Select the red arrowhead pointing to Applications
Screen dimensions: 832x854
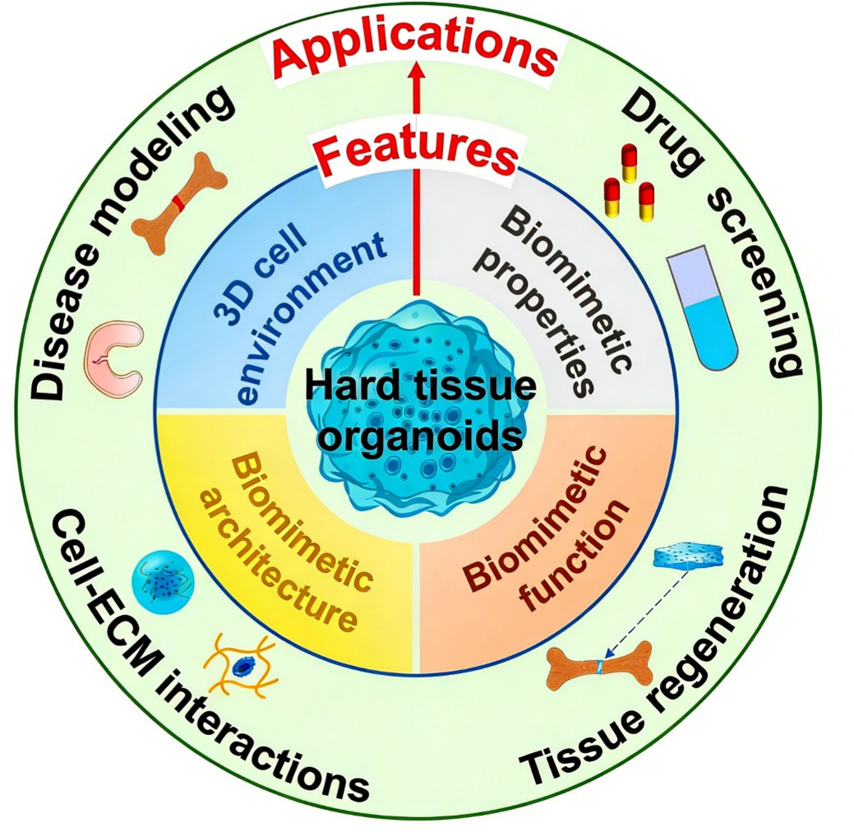tap(416, 76)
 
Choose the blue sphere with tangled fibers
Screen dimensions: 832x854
tap(162, 573)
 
